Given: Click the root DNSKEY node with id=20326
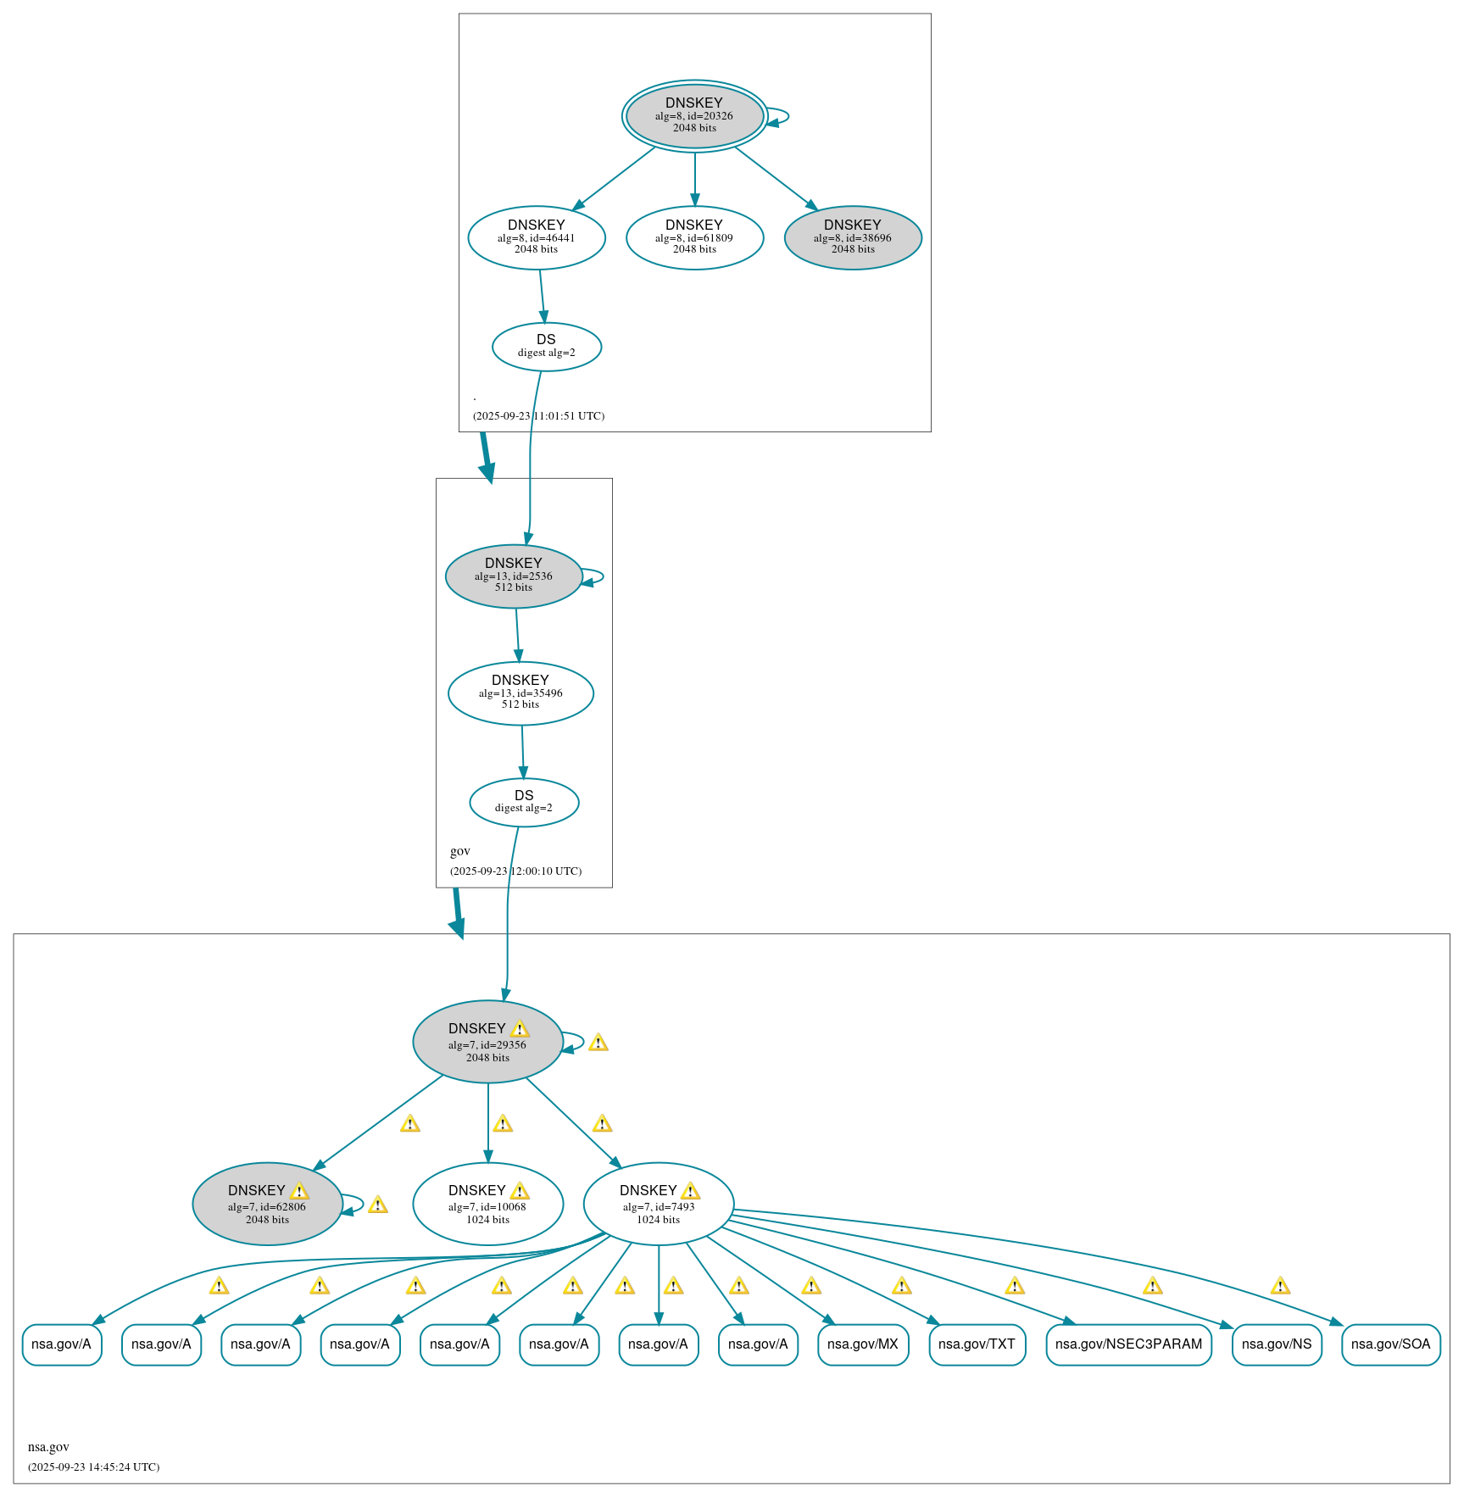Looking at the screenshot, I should [x=694, y=116].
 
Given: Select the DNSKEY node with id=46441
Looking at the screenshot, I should [x=536, y=237].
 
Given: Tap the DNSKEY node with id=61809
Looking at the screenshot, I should [x=694, y=237].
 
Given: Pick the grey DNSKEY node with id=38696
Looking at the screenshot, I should [x=852, y=237].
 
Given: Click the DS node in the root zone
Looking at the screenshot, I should [x=546, y=346].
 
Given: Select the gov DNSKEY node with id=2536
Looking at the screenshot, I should [x=513, y=576].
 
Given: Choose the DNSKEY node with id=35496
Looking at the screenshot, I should [x=520, y=693].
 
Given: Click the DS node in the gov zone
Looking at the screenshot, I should [x=524, y=802].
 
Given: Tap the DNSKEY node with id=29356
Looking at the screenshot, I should [x=487, y=1042].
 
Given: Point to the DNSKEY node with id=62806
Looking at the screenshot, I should [x=267, y=1204].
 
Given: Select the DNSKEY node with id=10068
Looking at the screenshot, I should [x=487, y=1204].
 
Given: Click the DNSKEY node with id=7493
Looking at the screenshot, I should [x=658, y=1204].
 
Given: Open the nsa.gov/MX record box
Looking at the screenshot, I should [x=862, y=1344].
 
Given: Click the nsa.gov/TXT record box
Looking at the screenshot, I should [x=977, y=1344].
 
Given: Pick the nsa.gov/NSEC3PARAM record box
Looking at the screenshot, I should [x=1127, y=1344].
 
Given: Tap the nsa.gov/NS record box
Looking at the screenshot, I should [x=1276, y=1344].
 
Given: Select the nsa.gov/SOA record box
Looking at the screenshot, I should [x=1390, y=1344].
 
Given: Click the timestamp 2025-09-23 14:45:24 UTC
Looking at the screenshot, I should [x=93, y=1467].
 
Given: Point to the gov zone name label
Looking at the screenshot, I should [x=459, y=851].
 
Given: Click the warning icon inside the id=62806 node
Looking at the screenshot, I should [x=299, y=1191].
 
